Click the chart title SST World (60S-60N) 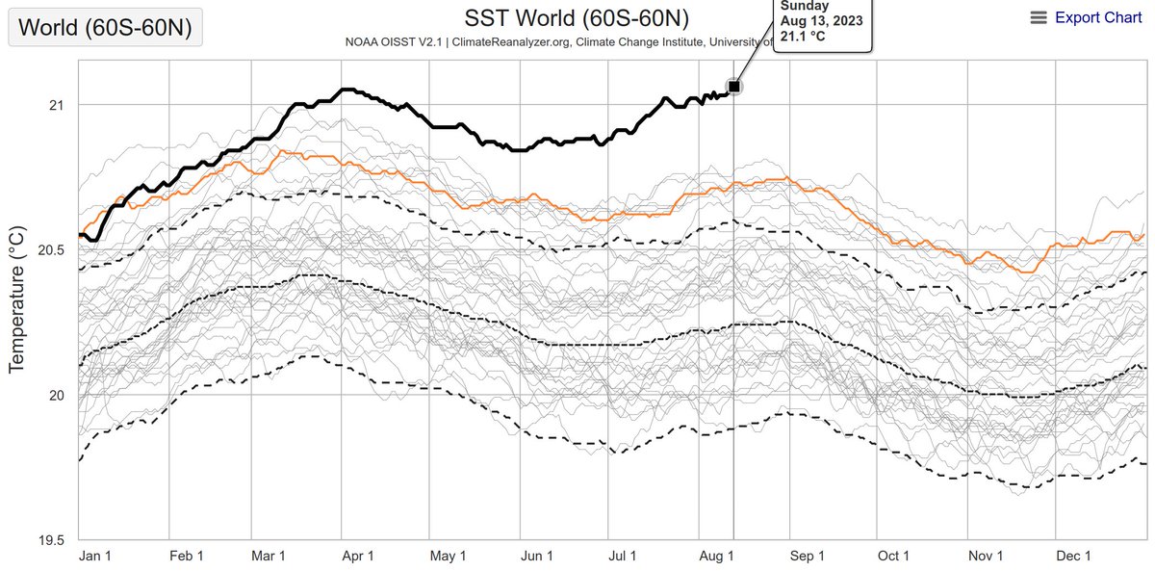tap(577, 18)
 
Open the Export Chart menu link tap(1098, 17)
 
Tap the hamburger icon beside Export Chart tap(1038, 17)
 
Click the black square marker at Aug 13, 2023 tap(733, 87)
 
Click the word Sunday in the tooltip tap(804, 6)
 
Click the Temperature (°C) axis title tap(16, 299)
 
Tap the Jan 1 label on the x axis tap(94, 557)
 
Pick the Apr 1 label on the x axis tap(358, 557)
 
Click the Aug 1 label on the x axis tap(715, 557)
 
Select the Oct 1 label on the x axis tap(893, 557)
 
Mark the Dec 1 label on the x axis tap(1073, 557)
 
